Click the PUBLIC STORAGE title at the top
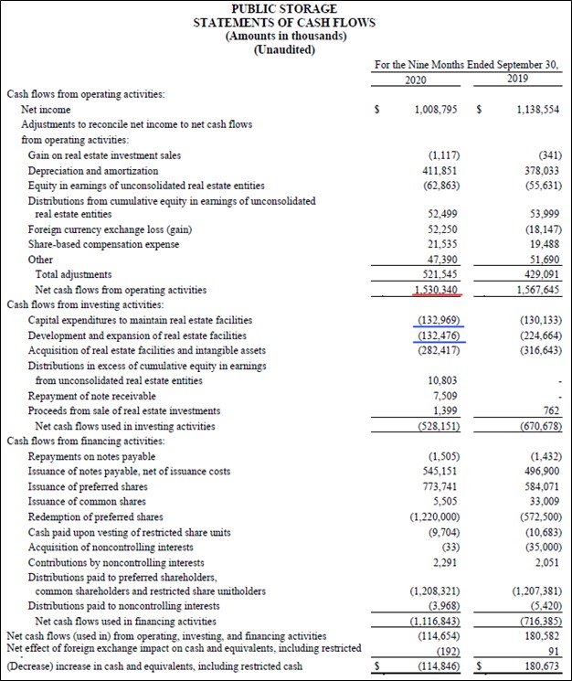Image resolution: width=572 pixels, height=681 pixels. [x=284, y=8]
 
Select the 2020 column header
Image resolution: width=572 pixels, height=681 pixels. [x=416, y=80]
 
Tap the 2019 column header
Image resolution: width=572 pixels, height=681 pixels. [x=516, y=80]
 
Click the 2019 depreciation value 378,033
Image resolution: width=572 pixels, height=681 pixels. [x=539, y=171]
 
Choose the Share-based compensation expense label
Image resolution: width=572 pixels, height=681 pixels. [x=103, y=244]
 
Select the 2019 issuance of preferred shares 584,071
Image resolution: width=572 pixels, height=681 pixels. [x=539, y=486]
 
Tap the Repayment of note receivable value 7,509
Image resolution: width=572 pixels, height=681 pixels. [x=442, y=396]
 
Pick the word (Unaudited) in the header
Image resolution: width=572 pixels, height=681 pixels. [x=284, y=48]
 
